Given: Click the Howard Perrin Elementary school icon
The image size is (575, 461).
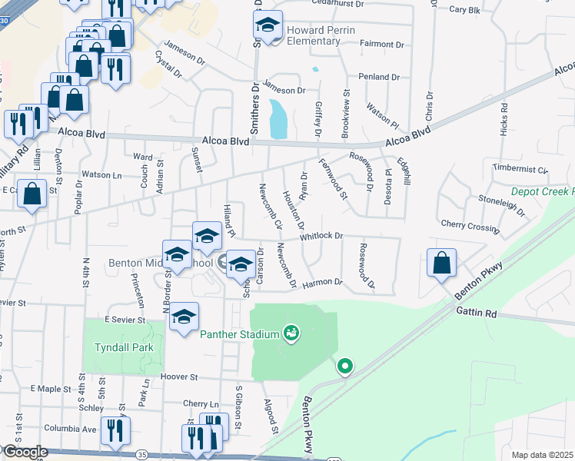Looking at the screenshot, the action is tap(268, 27).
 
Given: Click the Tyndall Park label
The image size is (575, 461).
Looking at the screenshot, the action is tap(124, 347).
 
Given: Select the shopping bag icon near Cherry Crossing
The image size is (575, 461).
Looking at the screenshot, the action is tap(443, 264).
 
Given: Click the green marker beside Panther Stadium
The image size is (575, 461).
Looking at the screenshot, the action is tap(291, 333).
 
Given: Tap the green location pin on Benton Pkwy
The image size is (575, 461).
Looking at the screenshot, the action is tap(345, 366).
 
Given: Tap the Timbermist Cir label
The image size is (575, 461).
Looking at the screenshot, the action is tap(520, 169).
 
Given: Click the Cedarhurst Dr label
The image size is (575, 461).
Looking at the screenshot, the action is tap(375, 2).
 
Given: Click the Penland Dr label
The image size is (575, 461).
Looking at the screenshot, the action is tap(379, 78).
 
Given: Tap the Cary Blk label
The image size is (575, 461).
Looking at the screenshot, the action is tap(464, 10).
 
